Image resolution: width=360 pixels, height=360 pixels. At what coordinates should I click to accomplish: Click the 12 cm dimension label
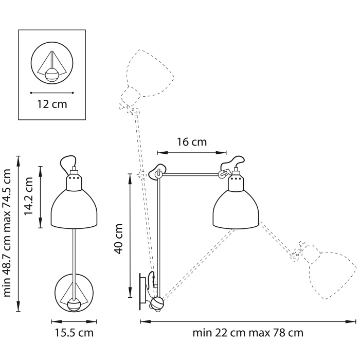pos(52,104)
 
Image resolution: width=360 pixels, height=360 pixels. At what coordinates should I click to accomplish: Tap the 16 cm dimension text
pos(191,142)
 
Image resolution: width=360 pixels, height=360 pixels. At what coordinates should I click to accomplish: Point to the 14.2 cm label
pos(30,196)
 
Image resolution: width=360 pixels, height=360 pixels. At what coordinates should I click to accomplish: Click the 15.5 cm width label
pos(74,333)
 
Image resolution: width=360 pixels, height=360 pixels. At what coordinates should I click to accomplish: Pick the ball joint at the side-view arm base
pos(156,303)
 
